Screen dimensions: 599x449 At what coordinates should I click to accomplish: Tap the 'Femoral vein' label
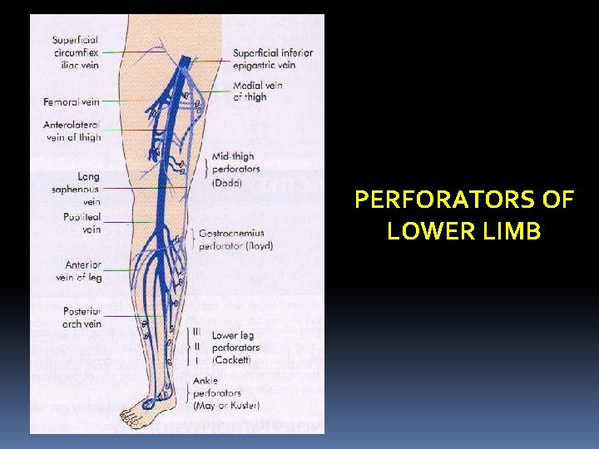[x=72, y=102]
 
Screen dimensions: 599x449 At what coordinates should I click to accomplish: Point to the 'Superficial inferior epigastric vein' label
[x=273, y=59]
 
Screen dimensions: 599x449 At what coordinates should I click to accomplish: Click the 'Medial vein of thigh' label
[x=258, y=91]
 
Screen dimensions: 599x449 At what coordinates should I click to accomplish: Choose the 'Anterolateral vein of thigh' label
[x=73, y=131]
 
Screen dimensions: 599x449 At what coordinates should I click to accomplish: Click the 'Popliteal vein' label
[x=81, y=223]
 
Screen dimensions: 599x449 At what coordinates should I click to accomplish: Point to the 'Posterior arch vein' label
[x=82, y=318]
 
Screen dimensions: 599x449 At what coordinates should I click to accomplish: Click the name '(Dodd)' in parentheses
[x=227, y=183]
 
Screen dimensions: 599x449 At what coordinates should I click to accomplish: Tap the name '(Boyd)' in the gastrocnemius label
[x=257, y=246]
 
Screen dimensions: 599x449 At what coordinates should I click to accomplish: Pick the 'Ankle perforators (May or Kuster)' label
[x=226, y=393]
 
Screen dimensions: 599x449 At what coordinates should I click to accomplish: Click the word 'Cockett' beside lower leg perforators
[x=236, y=359]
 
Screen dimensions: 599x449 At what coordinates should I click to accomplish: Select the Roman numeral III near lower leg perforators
[x=196, y=332]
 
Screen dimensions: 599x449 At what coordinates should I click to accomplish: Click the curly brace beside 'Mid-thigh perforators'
[x=205, y=169]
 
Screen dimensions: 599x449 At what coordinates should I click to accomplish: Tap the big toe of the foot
[x=124, y=415]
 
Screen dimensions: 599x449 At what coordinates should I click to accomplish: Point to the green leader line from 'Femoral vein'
[x=125, y=102]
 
